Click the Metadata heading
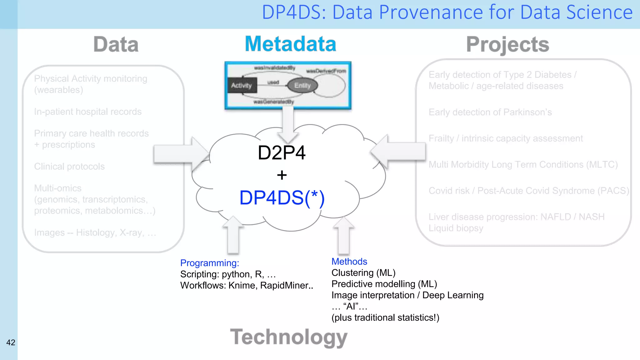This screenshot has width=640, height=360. tap(290, 44)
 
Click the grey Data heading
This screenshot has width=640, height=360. tap(116, 44)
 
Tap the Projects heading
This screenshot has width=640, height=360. tap(507, 45)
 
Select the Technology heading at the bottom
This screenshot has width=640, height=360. tap(289, 337)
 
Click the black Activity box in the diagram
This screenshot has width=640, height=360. tap(242, 85)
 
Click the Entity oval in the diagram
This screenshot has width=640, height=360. tap(302, 85)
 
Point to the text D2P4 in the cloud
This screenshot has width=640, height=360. tap(281, 153)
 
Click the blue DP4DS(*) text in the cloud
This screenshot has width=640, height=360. tap(282, 198)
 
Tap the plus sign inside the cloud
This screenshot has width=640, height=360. tap(282, 175)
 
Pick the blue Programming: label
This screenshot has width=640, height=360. tap(209, 263)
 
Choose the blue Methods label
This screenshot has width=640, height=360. tap(349, 262)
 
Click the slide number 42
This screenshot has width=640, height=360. tap(11, 342)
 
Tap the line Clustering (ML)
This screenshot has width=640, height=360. tap(363, 273)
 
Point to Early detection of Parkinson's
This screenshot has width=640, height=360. tap(490, 112)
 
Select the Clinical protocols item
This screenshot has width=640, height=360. tap(69, 167)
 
